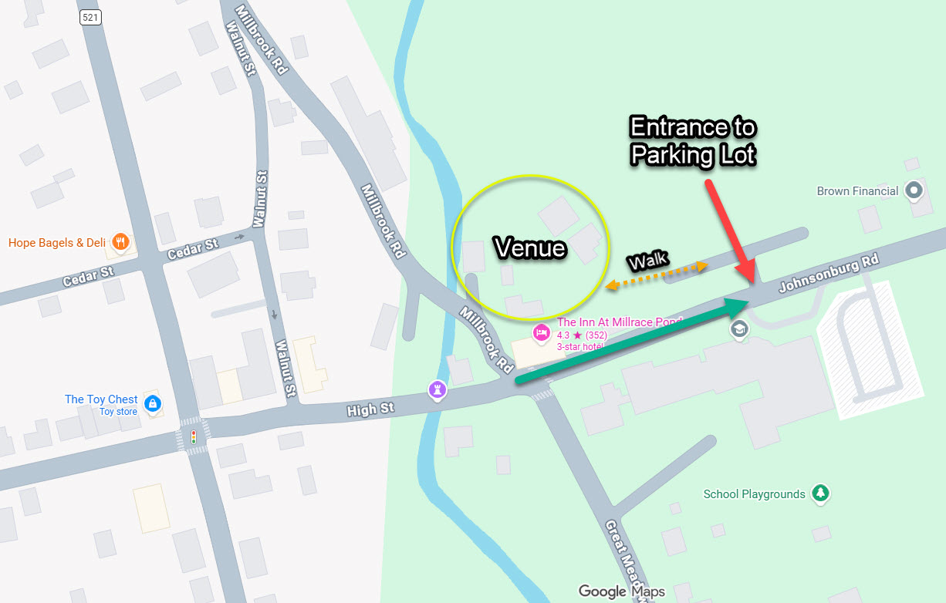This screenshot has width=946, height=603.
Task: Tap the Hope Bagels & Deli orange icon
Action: coord(120,243)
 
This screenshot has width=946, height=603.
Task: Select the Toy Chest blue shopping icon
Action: coord(153,403)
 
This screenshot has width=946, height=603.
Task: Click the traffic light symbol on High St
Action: coord(193,437)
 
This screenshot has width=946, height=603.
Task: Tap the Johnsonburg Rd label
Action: coord(828,275)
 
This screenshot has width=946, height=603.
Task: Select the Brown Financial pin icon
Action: coord(914,190)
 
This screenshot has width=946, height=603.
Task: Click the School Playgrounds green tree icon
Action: coord(821,494)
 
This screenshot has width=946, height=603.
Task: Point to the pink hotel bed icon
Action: coord(541,332)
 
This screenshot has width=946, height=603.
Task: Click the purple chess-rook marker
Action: coord(438,390)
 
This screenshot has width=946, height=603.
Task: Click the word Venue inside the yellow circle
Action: coord(530,248)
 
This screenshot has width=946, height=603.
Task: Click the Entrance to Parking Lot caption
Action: coord(692,141)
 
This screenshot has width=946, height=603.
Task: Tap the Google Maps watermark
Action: coord(621,591)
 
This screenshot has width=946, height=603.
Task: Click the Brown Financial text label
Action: coord(857,190)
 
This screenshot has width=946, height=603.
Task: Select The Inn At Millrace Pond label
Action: coord(620,322)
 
